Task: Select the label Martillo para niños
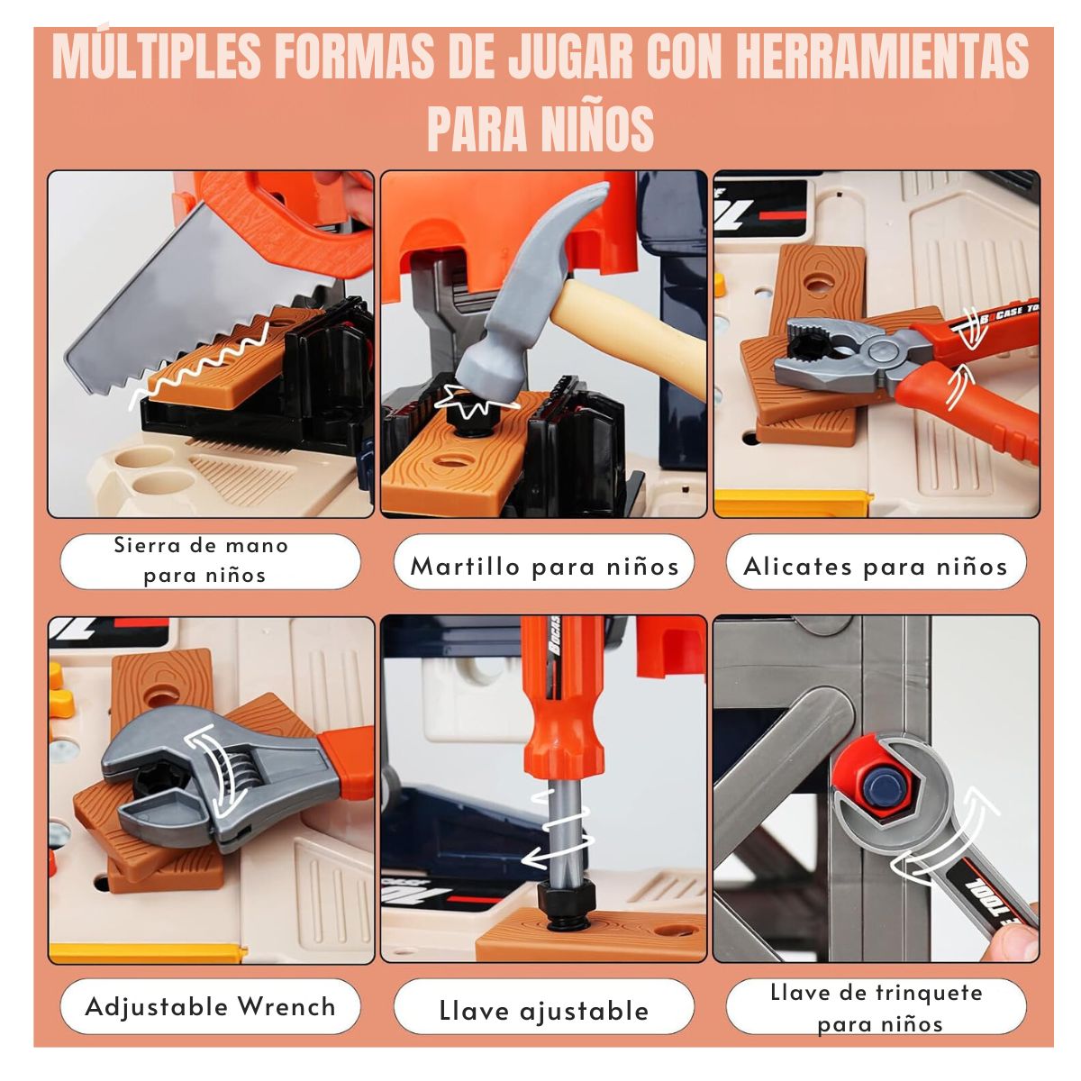pos(544,567)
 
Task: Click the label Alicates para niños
pos(876,567)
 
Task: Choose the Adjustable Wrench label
pos(211,1006)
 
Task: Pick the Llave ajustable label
pos(543,1011)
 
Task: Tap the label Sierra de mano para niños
pos(202,560)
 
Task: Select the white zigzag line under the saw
pos(199,361)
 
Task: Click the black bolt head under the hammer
pos(475,421)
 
